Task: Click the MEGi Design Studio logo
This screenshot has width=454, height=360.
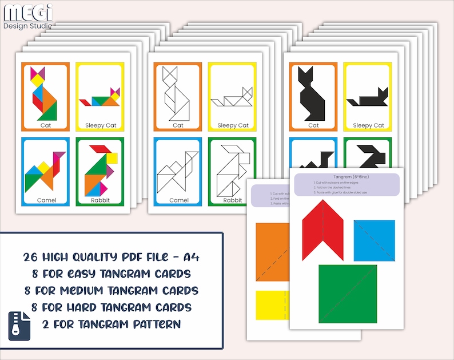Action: [x=27, y=15]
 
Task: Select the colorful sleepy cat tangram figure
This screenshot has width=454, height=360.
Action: [x=101, y=98]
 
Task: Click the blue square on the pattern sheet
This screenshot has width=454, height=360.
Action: [x=374, y=240]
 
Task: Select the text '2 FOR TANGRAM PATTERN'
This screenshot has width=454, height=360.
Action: [x=111, y=324]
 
